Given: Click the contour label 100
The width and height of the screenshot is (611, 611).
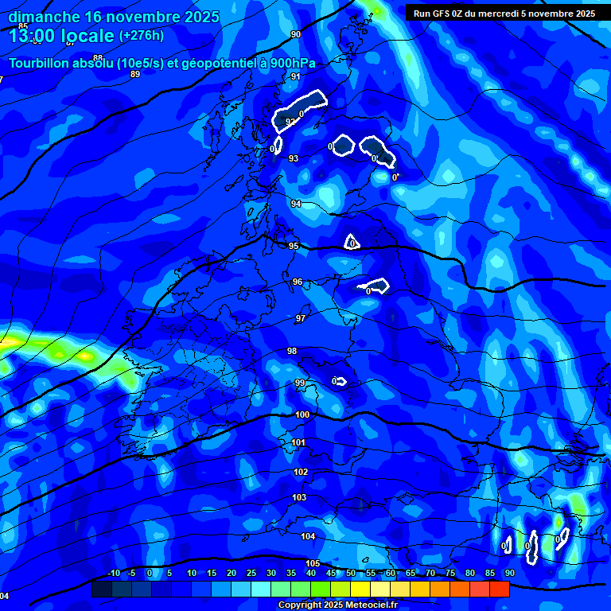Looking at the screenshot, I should click(302, 414).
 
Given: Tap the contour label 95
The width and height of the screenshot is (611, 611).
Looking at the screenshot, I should click(294, 246).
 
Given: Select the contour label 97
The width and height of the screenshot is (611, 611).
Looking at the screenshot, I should click(301, 318).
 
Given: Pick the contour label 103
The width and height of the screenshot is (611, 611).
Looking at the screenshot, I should click(299, 497).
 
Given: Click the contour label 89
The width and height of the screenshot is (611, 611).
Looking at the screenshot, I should click(135, 74).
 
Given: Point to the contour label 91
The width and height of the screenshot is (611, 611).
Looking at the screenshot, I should click(296, 76).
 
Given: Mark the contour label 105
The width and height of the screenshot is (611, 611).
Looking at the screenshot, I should click(313, 563).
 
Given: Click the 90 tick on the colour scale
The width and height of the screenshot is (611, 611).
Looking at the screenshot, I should click(509, 573).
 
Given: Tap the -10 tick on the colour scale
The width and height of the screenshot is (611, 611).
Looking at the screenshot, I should click(113, 573).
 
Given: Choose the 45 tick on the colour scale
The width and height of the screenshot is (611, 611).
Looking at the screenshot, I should click(331, 573).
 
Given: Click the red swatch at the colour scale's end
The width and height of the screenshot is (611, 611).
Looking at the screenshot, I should click(499, 589).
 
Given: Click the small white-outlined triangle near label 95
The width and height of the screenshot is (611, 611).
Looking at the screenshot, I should click(352, 242).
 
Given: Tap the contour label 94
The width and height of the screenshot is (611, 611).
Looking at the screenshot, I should click(296, 204).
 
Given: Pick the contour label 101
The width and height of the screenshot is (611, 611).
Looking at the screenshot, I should click(298, 442).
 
